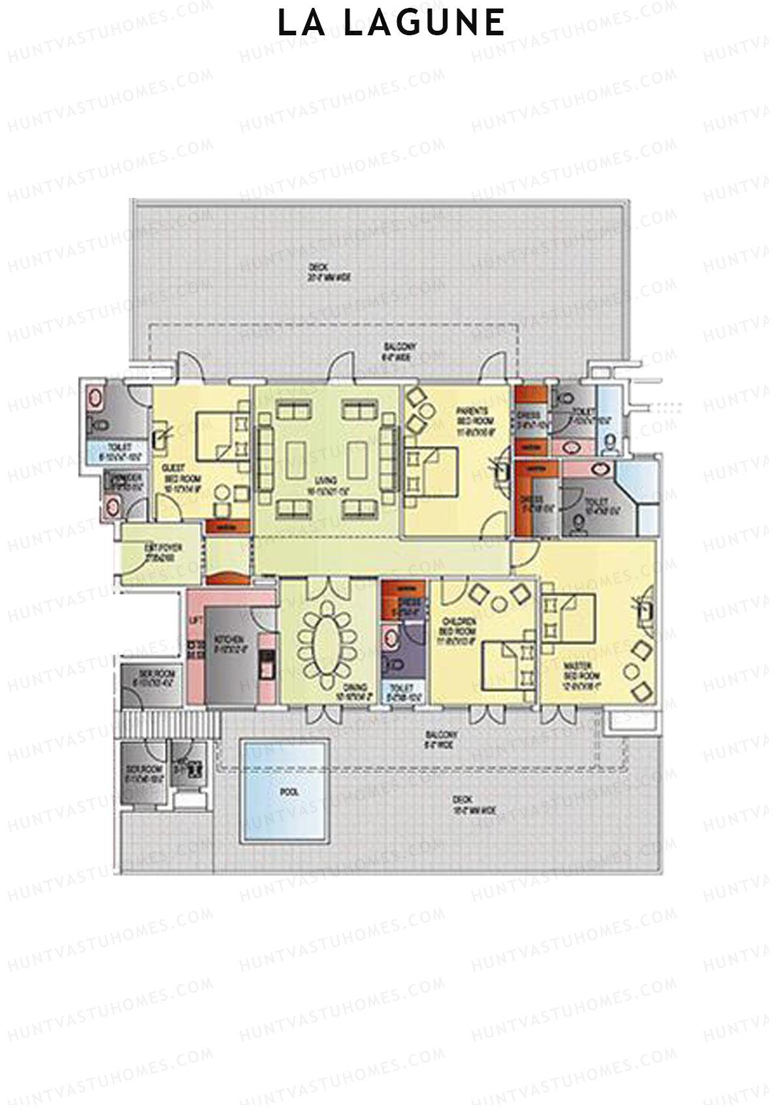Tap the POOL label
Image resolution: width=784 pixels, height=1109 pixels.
tap(290, 791)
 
